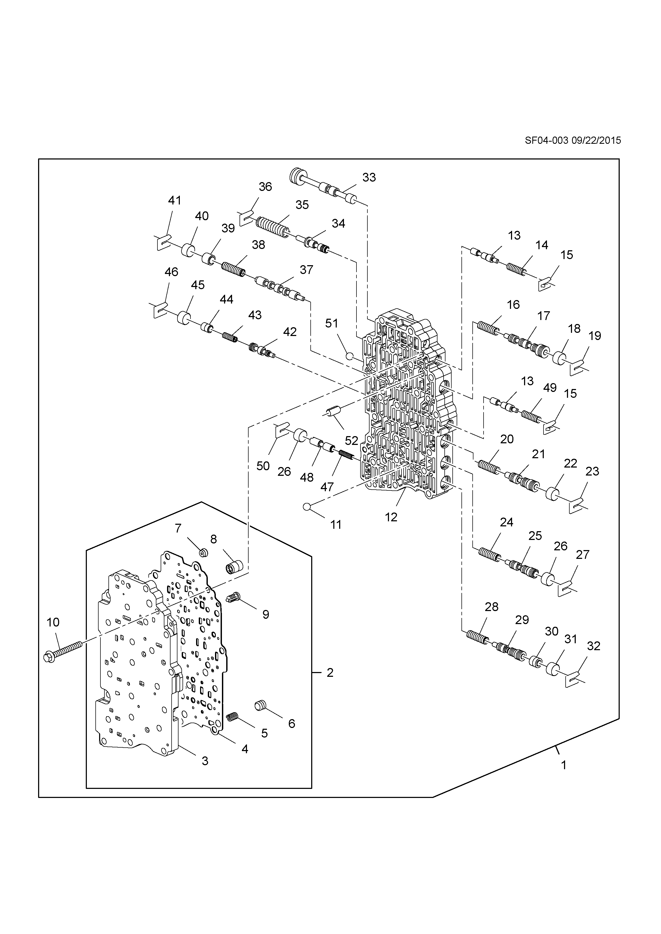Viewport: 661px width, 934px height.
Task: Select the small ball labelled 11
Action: [x=307, y=506]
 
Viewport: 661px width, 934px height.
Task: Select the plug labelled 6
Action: [x=260, y=705]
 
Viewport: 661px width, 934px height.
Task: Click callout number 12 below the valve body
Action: [x=391, y=517]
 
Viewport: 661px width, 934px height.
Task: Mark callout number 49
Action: [x=549, y=388]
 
